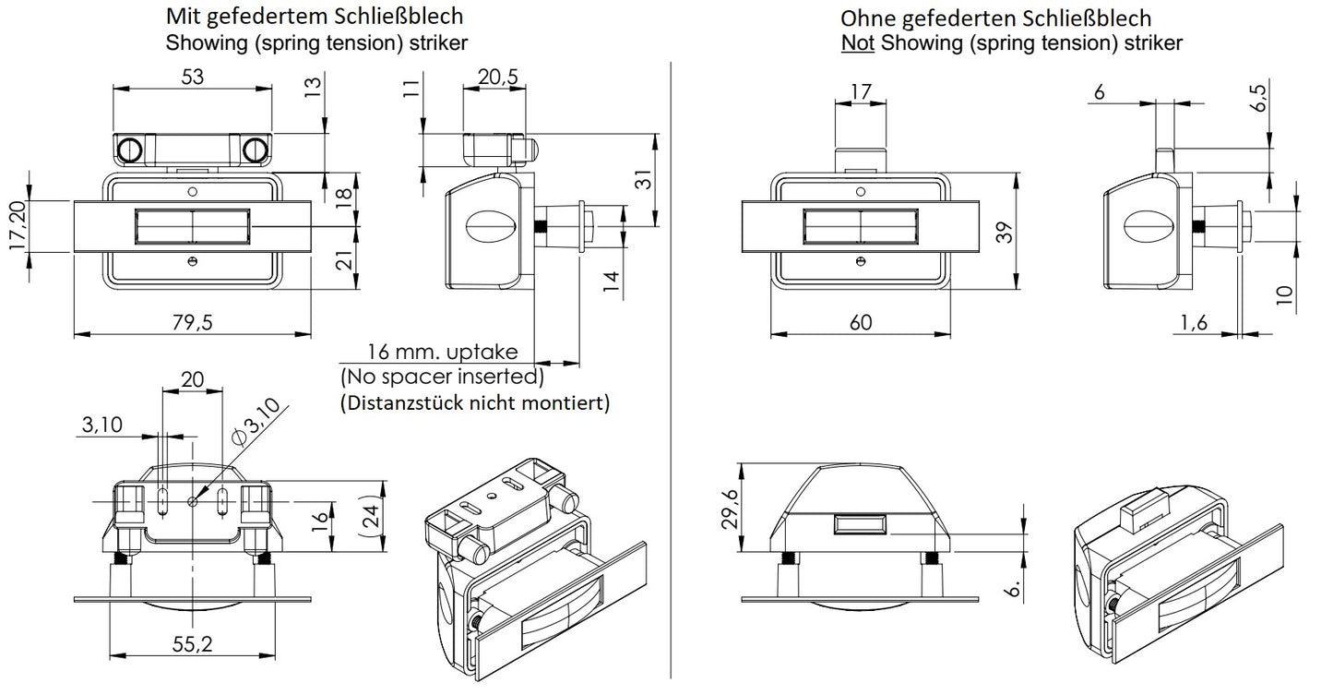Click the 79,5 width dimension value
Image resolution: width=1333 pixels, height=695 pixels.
[x=191, y=322]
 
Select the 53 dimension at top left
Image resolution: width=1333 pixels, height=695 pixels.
[x=192, y=77]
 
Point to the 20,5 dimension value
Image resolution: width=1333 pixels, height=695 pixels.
[x=497, y=78]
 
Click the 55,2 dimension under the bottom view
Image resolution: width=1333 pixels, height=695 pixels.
[x=192, y=645]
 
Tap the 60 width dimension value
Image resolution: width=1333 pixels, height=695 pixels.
[x=860, y=322]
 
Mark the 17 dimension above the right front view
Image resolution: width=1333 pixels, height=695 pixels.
[x=860, y=91]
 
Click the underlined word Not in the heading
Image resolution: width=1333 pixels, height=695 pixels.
[x=858, y=42]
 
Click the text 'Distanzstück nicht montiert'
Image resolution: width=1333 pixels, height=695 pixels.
[x=475, y=403]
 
